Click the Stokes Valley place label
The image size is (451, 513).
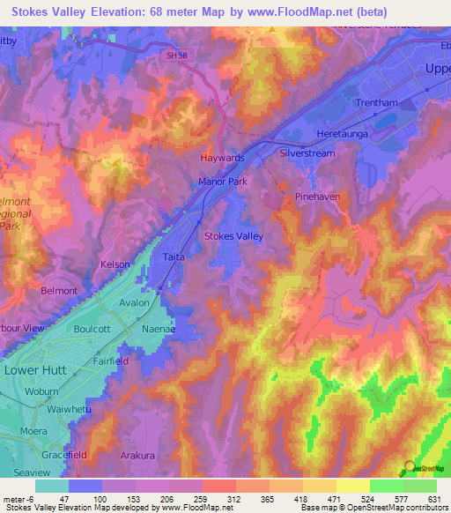coord(233,236)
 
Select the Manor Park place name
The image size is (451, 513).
coord(222,182)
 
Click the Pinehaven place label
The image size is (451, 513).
coord(317,197)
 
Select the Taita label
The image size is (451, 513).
coord(173,256)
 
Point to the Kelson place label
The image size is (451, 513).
coord(115,264)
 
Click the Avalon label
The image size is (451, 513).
coord(134,302)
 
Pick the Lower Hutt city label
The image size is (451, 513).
coord(35,370)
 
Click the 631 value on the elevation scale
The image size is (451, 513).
coord(430,499)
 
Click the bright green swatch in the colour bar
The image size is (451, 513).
coord(386,486)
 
